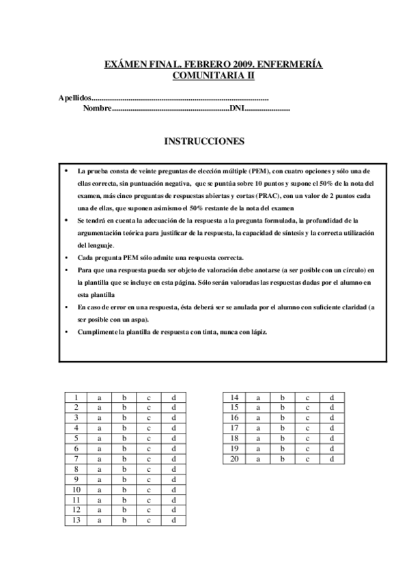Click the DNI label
pyautogui.click(x=236, y=109)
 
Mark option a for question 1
pyautogui.click(x=99, y=397)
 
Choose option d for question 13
pyautogui.click(x=174, y=520)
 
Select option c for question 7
pyautogui.click(x=148, y=459)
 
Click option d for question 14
pyautogui.click(x=332, y=397)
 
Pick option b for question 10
pyautogui.click(x=124, y=490)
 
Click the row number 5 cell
pyautogui.click(x=76, y=438)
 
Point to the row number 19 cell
pyautogui.click(x=234, y=449)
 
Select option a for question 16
pyautogui.click(x=258, y=418)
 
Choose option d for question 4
pyautogui.click(x=174, y=428)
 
